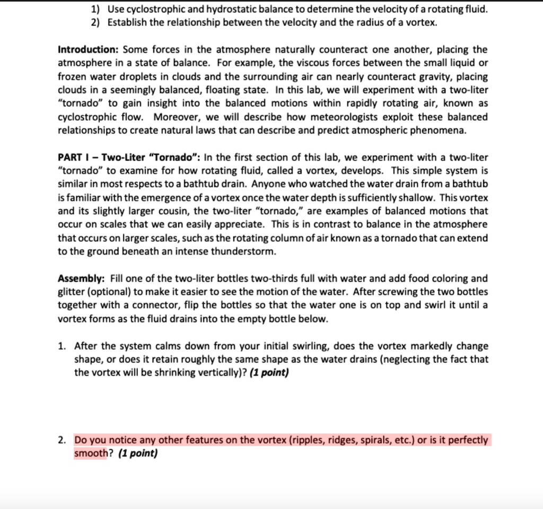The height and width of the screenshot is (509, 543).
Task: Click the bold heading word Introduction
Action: (x=88, y=50)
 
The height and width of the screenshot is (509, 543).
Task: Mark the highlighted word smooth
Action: (x=90, y=454)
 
